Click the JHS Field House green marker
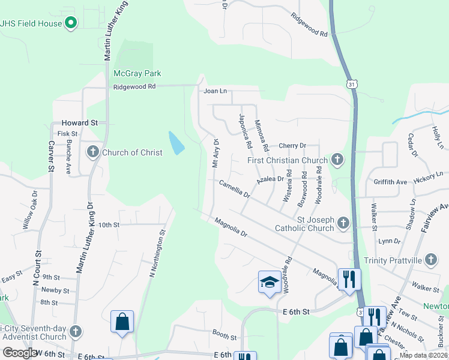coord(71,23)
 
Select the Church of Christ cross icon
coord(93,152)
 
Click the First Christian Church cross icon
coord(338,160)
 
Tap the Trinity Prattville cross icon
coord(430,260)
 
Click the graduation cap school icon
coord(270,282)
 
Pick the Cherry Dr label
coord(294,146)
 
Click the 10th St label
coord(109,225)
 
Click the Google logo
coord(20,353)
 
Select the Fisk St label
coord(67,134)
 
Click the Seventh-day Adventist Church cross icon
coord(76,331)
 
